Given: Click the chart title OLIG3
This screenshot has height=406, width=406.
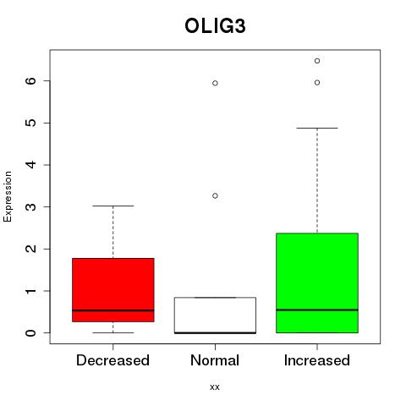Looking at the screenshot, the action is [x=215, y=26].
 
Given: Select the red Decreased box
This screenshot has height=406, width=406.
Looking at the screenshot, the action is [x=113, y=290].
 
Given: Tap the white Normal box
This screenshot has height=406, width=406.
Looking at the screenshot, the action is [x=215, y=315].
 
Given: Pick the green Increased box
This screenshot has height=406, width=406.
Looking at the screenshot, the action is [x=317, y=283].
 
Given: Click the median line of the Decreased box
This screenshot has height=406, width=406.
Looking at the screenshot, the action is [x=113, y=310].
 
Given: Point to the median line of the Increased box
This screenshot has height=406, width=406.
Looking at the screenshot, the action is [x=317, y=310].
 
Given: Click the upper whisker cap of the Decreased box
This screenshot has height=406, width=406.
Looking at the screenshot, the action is [x=113, y=206].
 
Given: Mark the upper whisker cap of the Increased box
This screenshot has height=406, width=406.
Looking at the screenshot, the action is [x=317, y=128].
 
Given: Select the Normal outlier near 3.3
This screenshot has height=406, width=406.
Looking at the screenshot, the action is [x=215, y=195].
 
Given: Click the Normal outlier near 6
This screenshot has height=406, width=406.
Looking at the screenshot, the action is [x=215, y=83].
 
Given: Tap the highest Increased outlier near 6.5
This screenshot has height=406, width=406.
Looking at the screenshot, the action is [x=317, y=61].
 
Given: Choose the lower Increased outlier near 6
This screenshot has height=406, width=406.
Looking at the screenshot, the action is [x=317, y=83].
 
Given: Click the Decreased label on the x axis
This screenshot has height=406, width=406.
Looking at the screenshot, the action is [x=112, y=360].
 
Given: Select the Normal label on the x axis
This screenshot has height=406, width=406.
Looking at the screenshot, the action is [x=215, y=360].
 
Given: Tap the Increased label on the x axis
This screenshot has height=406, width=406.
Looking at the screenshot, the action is [x=317, y=360].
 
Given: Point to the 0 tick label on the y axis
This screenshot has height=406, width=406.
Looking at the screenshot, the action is [x=31, y=333].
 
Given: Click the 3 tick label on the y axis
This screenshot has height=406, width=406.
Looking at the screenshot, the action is [x=31, y=207].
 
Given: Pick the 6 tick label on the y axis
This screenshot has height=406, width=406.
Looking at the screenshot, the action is [x=31, y=81].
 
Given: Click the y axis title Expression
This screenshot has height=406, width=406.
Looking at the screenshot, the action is [x=8, y=196].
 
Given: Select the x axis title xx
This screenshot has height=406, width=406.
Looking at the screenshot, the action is [x=215, y=387].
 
